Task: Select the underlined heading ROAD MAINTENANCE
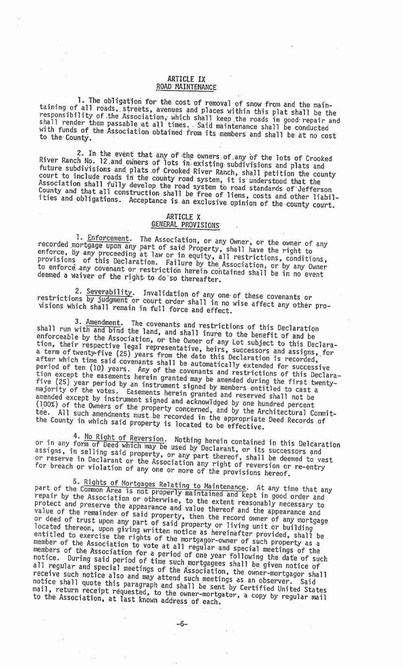tap(186, 86)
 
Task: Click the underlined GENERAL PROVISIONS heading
tap(185, 224)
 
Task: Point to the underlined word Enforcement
tap(108, 239)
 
